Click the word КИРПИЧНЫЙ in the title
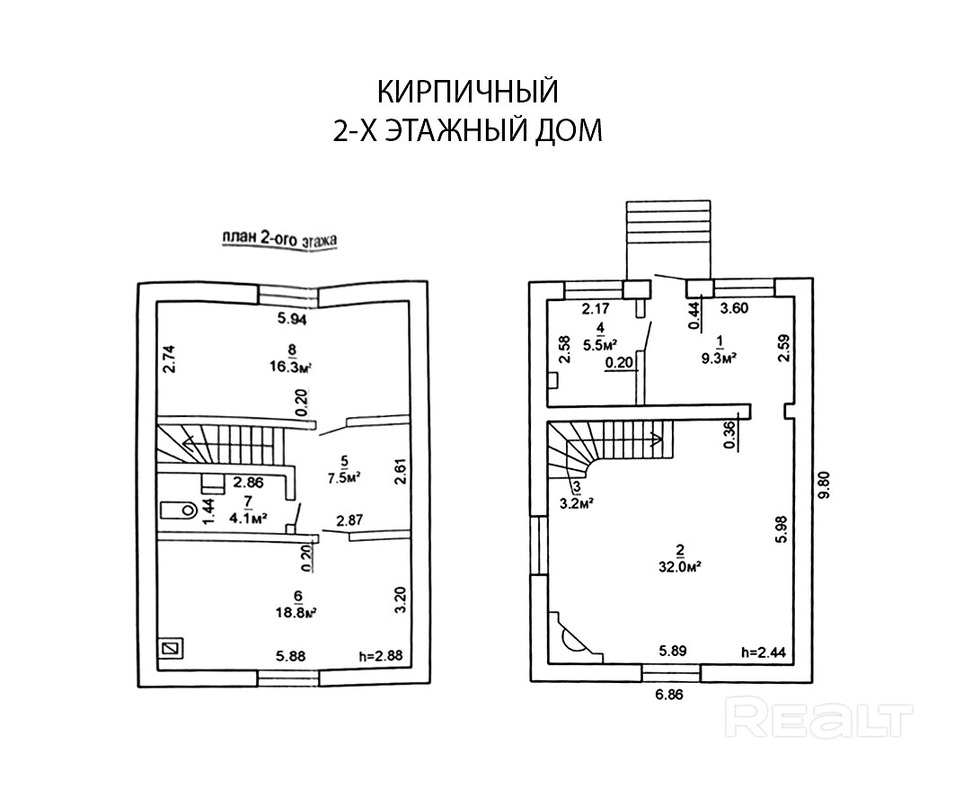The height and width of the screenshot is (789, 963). point(467,93)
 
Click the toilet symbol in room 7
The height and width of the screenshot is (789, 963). point(178,510)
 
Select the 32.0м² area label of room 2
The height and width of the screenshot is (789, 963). point(680,567)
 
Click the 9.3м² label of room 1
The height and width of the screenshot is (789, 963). point(719,357)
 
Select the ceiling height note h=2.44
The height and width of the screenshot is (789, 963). point(762,652)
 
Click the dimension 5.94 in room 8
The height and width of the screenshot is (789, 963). point(292,317)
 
